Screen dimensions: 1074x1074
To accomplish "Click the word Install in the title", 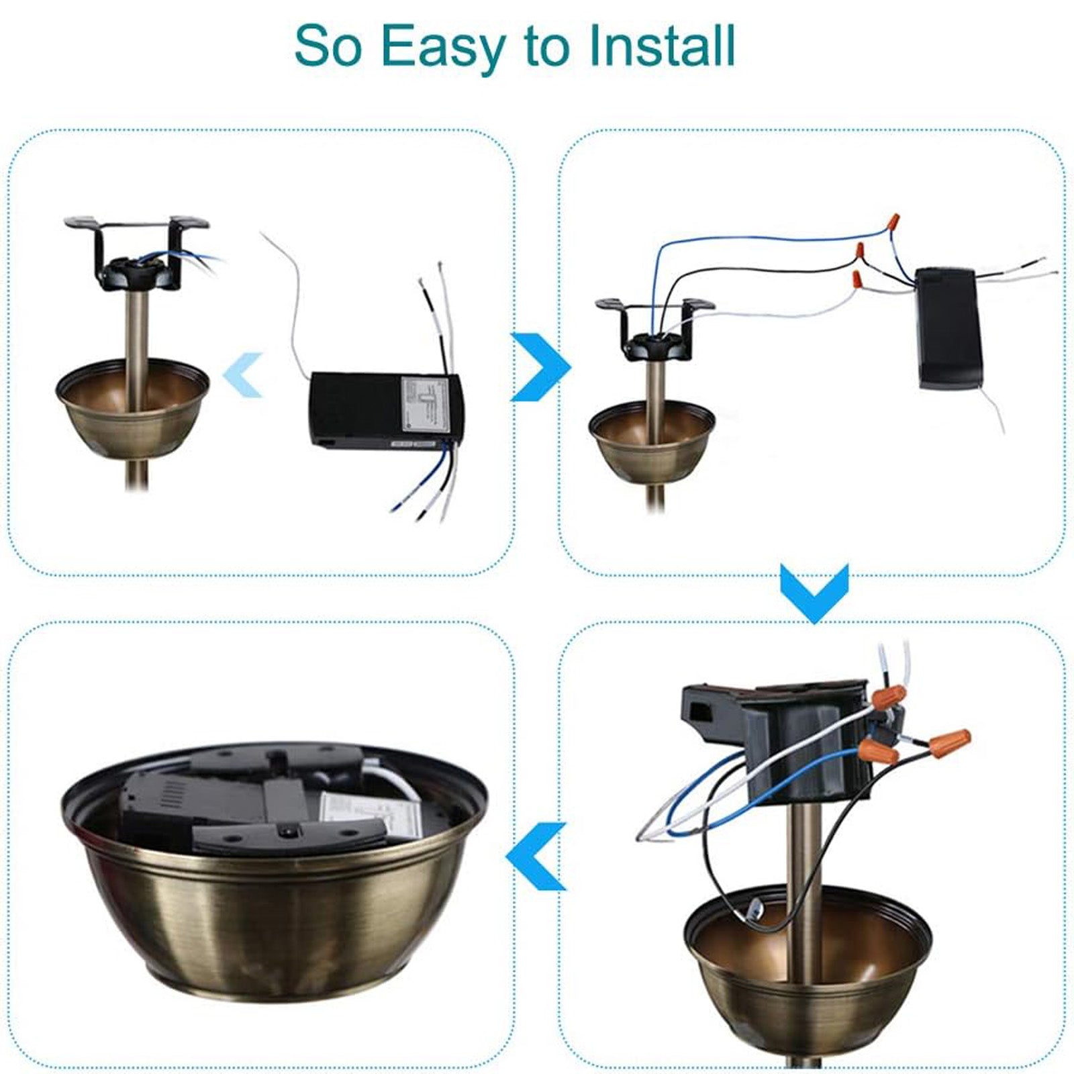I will coord(661,46).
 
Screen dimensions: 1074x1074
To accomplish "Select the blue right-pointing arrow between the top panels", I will coord(541,367).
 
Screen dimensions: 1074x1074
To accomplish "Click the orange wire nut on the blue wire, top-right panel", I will coord(892,222).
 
